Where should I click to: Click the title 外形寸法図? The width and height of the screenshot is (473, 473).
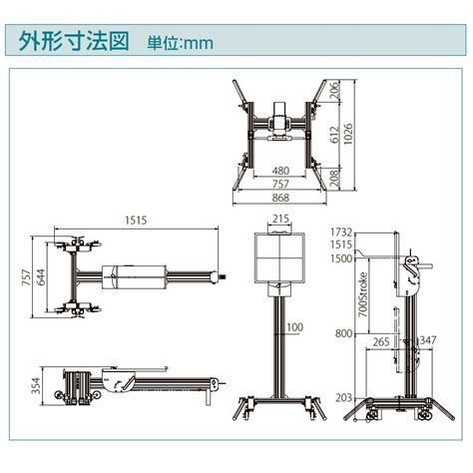[x=74, y=41]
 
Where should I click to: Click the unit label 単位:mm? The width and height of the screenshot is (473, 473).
[x=180, y=43]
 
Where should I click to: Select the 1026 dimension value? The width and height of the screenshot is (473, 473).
[x=347, y=134]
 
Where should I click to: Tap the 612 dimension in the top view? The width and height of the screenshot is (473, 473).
[x=335, y=135]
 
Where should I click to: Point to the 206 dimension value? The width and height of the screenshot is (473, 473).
[x=335, y=90]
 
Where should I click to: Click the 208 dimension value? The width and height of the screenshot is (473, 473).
[x=335, y=178]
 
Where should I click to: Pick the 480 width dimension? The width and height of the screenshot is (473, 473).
[x=280, y=171]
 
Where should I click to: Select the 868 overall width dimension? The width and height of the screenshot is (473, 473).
[x=280, y=198]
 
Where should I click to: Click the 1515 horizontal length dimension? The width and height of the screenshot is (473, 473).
[x=136, y=221]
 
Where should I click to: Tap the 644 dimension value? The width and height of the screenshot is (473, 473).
[x=41, y=277]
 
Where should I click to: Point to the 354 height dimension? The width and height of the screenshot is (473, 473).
[x=36, y=385]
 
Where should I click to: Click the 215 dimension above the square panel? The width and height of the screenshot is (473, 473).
[x=280, y=219]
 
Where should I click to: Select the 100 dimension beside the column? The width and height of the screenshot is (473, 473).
[x=295, y=327]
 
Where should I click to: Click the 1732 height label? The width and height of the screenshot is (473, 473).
[x=341, y=232]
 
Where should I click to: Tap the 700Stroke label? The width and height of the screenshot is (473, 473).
[x=363, y=294]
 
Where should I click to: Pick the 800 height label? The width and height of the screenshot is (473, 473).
[x=343, y=333]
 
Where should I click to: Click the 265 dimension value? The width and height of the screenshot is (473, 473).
[x=381, y=341]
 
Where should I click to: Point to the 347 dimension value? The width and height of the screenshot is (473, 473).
[x=426, y=340]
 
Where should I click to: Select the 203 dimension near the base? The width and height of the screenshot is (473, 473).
[x=343, y=398]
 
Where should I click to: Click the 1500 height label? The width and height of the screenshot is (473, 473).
[x=341, y=258]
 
